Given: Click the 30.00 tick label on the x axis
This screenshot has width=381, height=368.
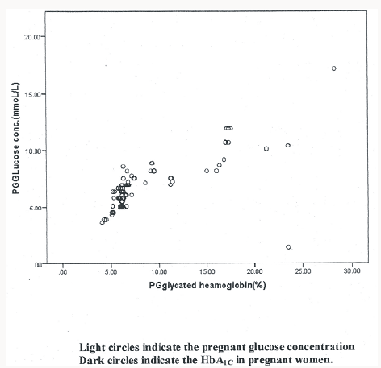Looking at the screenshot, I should (350, 272).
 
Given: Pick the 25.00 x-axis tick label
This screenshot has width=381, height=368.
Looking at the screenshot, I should (303, 272).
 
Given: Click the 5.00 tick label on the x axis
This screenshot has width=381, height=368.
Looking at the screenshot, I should (112, 272).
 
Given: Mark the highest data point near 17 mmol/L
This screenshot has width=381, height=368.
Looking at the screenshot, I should (333, 68).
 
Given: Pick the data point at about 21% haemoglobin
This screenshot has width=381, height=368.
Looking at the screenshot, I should (266, 148).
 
